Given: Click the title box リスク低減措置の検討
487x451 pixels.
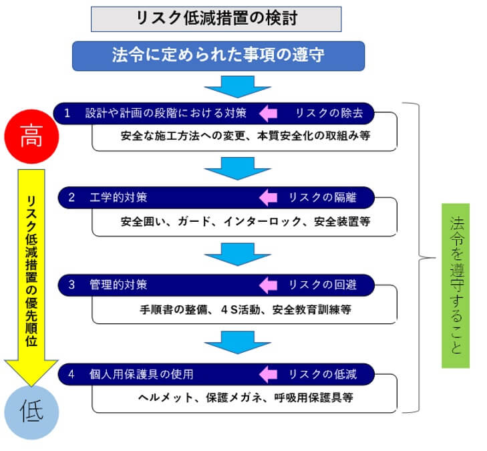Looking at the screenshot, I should coord(216,19).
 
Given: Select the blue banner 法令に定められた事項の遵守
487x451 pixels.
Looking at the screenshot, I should coord(218,55).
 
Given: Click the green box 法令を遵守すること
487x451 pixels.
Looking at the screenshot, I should coord(456,285).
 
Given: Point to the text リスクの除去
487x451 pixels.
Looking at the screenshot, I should coord(327,113).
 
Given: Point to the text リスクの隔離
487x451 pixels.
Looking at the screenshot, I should coord(322,198).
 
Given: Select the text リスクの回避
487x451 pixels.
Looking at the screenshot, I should coord(322,285).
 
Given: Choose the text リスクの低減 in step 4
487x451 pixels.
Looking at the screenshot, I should coord(322,373).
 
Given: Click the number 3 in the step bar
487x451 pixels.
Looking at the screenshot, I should coord(71,285).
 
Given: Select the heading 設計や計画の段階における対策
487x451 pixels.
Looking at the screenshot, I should coord(160,113).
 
